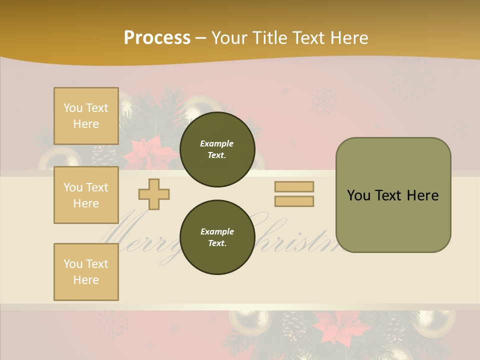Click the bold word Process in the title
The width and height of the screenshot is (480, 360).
point(157,38)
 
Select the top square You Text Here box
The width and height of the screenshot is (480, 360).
point(86,116)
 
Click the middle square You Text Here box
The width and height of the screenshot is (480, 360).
point(86,195)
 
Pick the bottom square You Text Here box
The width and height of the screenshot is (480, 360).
point(86,272)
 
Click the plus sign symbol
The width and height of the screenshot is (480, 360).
point(154,194)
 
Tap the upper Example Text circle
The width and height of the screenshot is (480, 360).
point(217,149)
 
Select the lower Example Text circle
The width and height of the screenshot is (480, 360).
point(217,237)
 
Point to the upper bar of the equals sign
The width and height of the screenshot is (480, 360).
point(294,186)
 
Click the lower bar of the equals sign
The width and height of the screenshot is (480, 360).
point(294,201)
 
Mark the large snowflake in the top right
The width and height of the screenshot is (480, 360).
point(412,80)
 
